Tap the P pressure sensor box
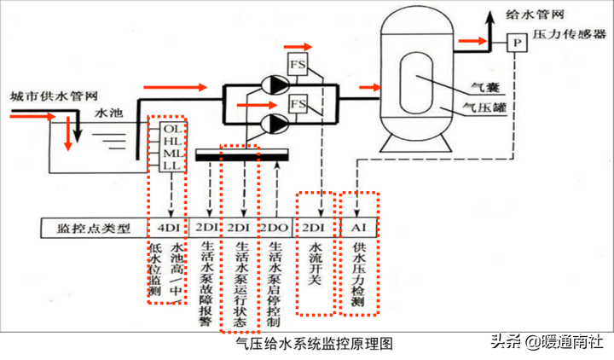click(517, 41)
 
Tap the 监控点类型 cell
click(93, 228)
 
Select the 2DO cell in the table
click(273, 228)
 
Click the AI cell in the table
click(358, 228)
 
